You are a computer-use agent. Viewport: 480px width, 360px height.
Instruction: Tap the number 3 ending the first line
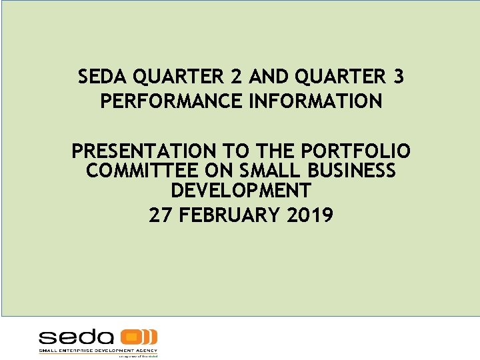click(398, 78)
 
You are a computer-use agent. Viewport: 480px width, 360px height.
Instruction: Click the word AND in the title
click(265, 78)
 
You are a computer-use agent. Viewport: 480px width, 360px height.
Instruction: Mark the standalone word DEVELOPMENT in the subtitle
click(241, 191)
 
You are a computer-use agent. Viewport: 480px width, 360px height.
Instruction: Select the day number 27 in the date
click(161, 215)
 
